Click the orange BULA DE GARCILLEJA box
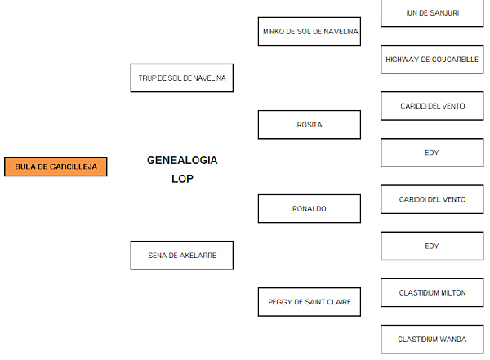click(56, 167)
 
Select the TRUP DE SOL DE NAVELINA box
click(181, 78)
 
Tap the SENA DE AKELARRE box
click(181, 255)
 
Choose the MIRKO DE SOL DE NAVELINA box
click(309, 31)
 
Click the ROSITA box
click(309, 125)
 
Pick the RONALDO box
click(309, 208)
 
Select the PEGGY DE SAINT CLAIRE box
click(309, 302)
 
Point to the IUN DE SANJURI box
click(432, 12)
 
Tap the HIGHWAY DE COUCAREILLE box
click(432, 60)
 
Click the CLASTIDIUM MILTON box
click(432, 292)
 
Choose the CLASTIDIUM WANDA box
click(432, 339)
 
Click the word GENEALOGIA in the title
click(182, 160)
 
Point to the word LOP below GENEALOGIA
click(182, 179)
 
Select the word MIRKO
click(274, 31)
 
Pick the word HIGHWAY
click(403, 60)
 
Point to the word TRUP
click(147, 78)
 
